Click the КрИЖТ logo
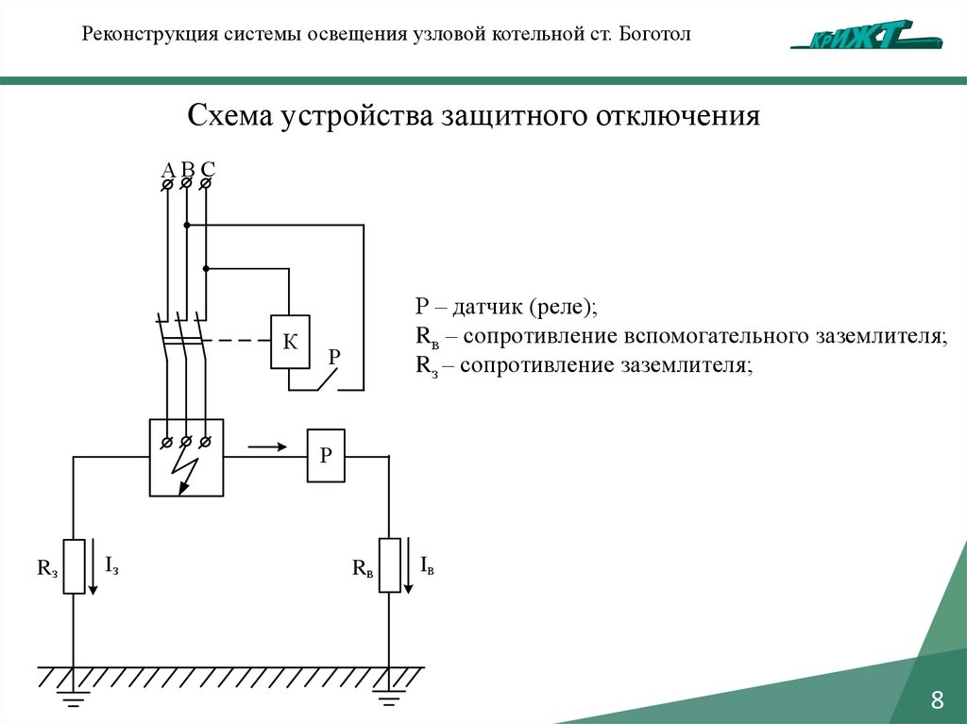867,35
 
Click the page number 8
937,700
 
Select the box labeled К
290,342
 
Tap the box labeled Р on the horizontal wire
326,456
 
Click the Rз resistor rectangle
74,566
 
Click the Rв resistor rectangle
389,564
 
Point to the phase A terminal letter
168,170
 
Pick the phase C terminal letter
209,170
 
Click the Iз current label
111,566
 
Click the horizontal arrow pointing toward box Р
267,446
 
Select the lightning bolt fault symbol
188,471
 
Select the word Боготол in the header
655,34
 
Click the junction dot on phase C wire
206,269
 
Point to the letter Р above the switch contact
334,357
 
